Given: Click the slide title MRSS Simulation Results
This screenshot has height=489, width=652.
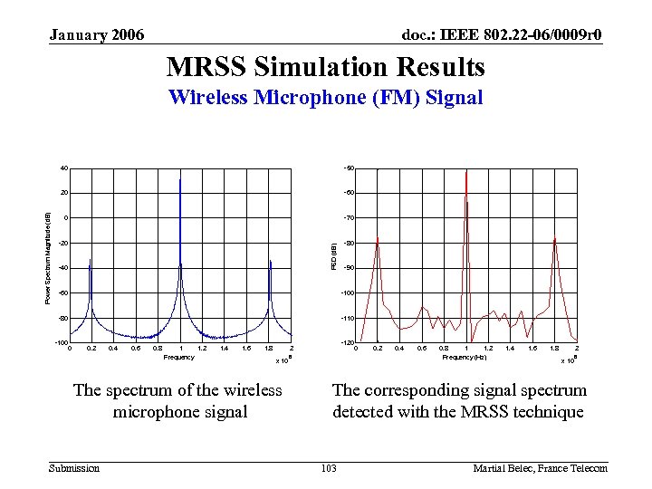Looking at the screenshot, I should point(325,67).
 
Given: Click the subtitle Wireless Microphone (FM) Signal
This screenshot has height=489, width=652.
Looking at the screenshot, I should point(325,98).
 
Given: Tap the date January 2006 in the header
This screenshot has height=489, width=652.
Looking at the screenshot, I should point(96,35).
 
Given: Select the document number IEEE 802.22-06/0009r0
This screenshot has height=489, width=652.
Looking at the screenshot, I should point(502,35).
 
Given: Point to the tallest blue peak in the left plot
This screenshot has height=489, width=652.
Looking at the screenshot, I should point(180,181).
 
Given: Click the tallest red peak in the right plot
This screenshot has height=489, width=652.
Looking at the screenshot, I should point(466,174).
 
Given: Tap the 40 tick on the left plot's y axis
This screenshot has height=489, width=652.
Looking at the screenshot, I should point(63,168).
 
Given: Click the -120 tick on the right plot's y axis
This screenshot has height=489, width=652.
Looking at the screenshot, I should point(348,343).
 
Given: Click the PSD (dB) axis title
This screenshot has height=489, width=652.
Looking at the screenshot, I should point(333,255).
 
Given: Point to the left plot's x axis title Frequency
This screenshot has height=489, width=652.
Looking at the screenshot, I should point(178,358).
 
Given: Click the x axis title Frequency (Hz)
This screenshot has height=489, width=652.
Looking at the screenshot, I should point(465,358).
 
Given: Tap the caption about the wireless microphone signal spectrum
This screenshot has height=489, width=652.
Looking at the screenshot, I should point(177,401).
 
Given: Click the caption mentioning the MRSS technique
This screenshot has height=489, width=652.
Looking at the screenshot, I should point(459,401).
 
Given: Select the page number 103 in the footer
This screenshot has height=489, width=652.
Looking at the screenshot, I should point(329,468).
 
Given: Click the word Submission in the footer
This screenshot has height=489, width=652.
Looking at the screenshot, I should point(74,468).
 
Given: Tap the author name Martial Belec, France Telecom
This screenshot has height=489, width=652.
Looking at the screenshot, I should point(540,468).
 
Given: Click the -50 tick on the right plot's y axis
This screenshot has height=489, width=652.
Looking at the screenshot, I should point(349,168).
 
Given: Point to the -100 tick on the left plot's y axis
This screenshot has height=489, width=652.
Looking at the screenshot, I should point(61,343).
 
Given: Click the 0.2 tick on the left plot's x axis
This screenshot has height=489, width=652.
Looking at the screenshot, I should point(91,349).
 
